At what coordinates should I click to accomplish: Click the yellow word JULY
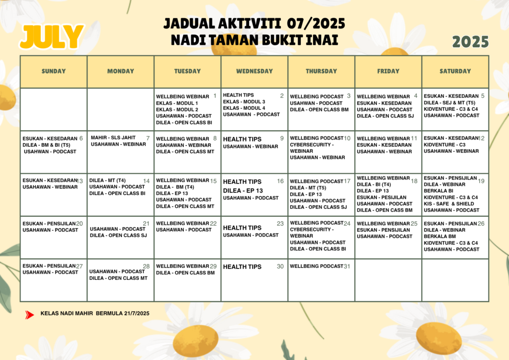(x=52, y=37)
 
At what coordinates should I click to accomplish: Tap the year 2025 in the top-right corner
(x=470, y=42)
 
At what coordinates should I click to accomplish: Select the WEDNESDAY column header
(x=254, y=71)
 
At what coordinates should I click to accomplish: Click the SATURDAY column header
(x=455, y=71)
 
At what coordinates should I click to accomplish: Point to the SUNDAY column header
(x=54, y=71)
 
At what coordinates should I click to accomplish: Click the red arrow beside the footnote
(x=30, y=314)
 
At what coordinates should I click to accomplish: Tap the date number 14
(x=146, y=181)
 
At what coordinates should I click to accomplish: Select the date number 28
(x=146, y=267)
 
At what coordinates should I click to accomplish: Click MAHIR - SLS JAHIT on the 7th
(x=113, y=138)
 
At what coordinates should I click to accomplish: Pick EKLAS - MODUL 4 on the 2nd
(x=244, y=108)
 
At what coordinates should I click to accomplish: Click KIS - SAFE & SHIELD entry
(x=449, y=204)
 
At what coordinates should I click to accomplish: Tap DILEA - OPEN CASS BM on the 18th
(x=385, y=210)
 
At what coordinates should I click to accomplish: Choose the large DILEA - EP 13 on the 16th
(x=243, y=190)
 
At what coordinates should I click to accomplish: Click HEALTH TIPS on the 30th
(x=242, y=267)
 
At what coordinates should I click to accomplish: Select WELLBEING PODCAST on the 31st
(x=317, y=267)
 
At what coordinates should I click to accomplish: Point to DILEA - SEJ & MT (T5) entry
(x=449, y=102)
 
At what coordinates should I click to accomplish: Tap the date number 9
(x=282, y=139)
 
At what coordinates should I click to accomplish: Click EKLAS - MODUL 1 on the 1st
(x=177, y=103)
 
